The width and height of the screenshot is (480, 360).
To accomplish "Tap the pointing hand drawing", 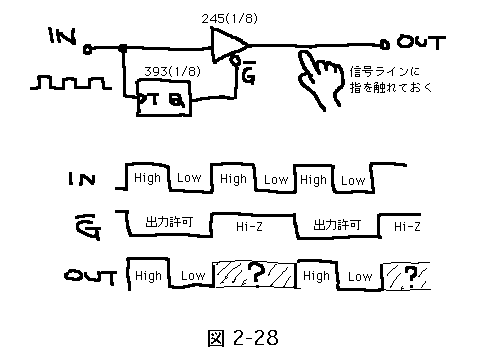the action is tap(319, 80).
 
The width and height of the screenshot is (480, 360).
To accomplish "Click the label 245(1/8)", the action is tap(230, 18).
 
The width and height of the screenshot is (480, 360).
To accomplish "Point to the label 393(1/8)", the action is tap(172, 71).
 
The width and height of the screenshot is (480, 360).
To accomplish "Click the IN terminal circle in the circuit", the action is tap(87, 50).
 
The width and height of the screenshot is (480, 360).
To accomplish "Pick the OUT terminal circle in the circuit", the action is tap(384, 44).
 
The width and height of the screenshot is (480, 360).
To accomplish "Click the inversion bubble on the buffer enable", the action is tap(235, 60).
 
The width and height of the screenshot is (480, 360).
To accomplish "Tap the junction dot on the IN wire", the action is tap(123, 49).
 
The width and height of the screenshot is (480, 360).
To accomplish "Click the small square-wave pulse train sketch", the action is tap(71, 83).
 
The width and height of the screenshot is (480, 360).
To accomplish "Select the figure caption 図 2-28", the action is tap(243, 338).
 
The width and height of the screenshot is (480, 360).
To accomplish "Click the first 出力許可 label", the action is tap(169, 221).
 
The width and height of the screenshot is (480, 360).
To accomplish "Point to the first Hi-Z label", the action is tap(249, 227).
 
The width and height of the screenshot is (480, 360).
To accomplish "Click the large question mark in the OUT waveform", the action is tap(257, 272).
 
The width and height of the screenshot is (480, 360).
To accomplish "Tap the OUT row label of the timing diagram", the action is tap(90, 276).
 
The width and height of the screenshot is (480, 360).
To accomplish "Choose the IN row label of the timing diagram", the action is tap(82, 179).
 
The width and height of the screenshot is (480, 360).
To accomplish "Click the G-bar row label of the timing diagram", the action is tap(88, 227).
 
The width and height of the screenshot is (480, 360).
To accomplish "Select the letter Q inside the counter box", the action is tap(177, 100).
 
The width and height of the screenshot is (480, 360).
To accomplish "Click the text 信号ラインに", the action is tap(384, 71).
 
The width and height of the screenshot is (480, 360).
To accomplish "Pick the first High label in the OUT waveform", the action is tap(148, 276).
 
